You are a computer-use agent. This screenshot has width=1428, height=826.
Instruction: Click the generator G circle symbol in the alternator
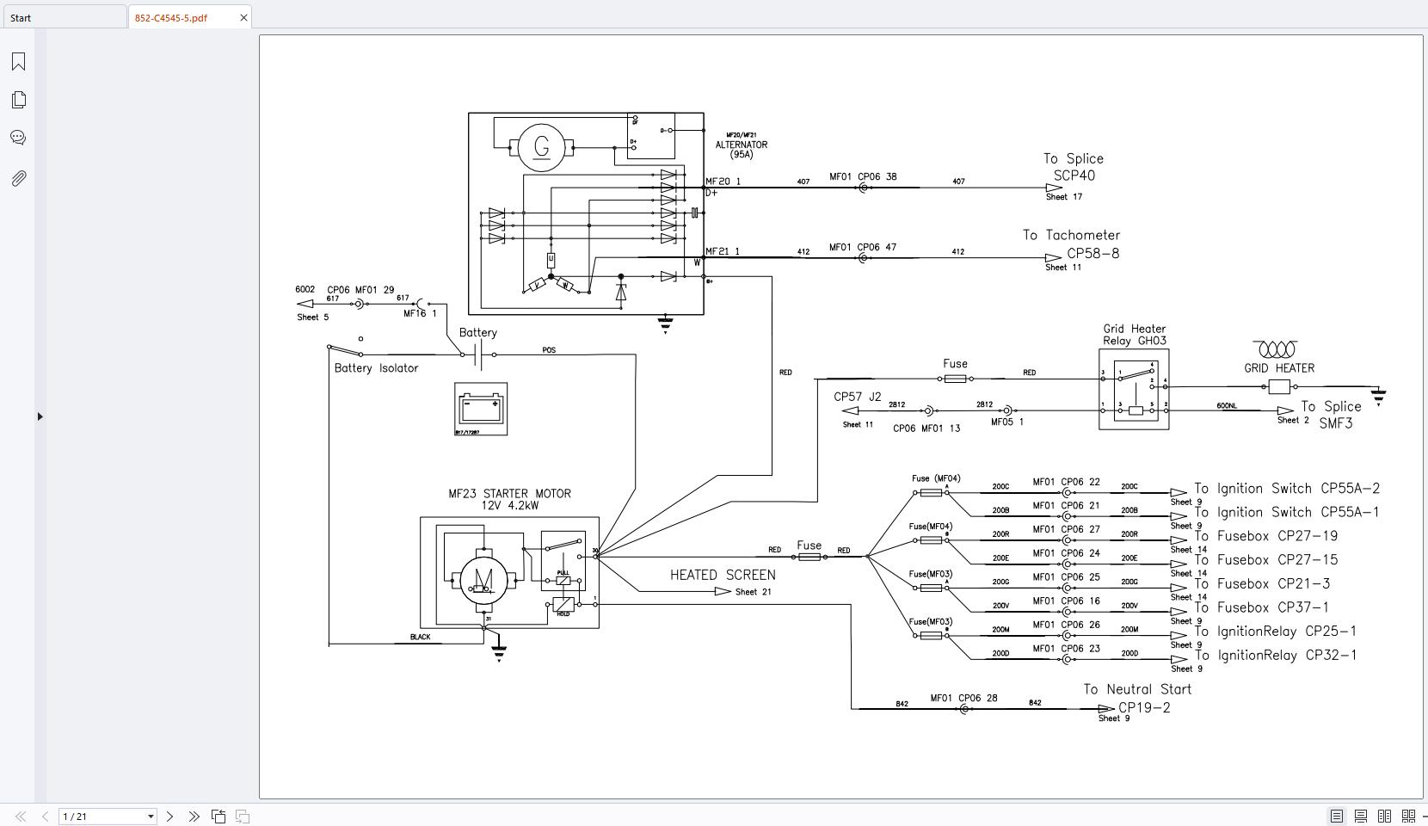click(541, 147)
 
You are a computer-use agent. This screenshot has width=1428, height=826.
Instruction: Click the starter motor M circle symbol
click(483, 580)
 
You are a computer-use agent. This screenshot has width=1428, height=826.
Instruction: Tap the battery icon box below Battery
click(481, 409)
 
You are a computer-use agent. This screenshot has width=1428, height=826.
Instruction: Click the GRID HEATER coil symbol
click(1276, 349)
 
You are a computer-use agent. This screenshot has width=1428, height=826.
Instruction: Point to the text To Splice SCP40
click(1074, 167)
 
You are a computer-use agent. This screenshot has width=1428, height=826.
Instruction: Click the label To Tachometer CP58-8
click(1072, 243)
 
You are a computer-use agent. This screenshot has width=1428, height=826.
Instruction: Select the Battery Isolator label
click(376, 368)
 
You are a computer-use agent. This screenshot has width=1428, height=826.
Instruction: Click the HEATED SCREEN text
click(723, 575)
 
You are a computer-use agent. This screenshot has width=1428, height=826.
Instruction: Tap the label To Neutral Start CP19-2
click(1137, 698)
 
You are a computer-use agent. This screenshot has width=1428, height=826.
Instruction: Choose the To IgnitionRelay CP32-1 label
click(1275, 655)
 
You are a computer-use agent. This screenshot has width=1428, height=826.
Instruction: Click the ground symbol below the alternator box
click(665, 324)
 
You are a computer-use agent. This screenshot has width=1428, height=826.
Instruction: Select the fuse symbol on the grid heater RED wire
click(955, 379)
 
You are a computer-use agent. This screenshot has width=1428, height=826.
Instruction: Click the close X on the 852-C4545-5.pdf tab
click(243, 17)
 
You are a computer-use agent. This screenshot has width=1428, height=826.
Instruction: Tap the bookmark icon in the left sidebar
click(18, 61)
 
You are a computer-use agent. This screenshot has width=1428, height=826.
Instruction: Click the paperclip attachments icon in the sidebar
click(18, 178)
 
